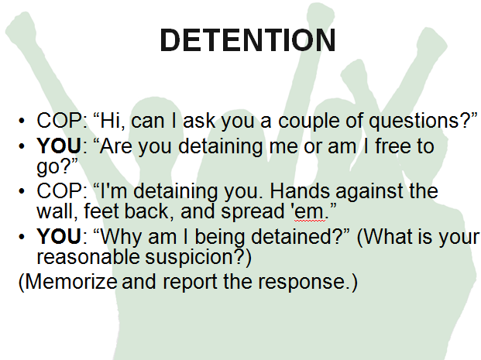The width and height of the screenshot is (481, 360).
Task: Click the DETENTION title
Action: tap(248, 40)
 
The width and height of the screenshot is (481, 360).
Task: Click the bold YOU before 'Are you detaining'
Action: tap(59, 146)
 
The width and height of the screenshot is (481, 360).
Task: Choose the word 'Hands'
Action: tap(300, 191)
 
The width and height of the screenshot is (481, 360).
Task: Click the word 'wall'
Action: tap(55, 211)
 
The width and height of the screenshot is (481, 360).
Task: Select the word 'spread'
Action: tap(253, 212)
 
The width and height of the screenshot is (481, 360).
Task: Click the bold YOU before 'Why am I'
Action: tap(59, 236)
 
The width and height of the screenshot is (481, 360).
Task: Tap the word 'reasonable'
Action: tap(88, 257)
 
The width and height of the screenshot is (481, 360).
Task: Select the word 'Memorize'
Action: tap(70, 281)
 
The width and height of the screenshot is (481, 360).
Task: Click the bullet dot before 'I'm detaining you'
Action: tap(22, 191)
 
